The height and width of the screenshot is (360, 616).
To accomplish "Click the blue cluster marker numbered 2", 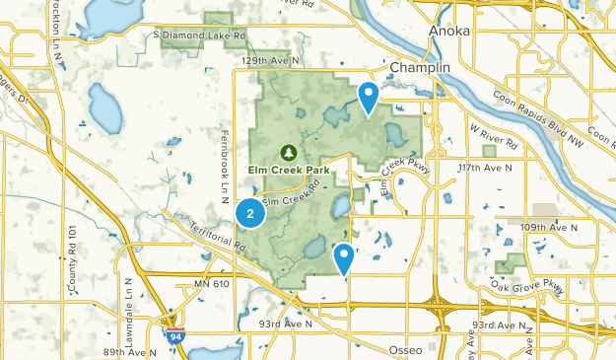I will coord(251,212).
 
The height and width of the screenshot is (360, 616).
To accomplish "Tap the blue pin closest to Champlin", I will coord(369,98).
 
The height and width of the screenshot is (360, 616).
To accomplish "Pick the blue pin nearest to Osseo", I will coord(344,258).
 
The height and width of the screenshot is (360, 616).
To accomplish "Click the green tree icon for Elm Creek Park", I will coord(288,153).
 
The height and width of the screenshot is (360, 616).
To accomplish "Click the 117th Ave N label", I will coord(485,169).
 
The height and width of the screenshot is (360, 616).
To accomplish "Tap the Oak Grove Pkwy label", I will coord(528,286).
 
